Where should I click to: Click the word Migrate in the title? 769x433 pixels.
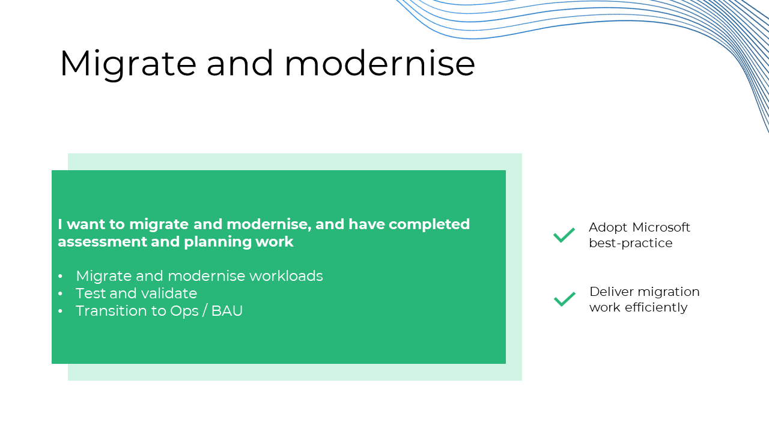click(x=129, y=64)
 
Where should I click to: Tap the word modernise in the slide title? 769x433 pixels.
click(x=380, y=63)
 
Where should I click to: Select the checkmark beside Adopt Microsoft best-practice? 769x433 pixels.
click(x=564, y=235)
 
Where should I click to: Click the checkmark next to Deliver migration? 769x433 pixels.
click(x=565, y=299)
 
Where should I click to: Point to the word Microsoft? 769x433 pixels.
click(x=661, y=227)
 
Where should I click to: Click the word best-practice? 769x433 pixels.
click(x=631, y=243)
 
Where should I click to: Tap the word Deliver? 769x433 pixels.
click(x=612, y=292)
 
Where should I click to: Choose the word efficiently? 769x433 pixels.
click(x=656, y=307)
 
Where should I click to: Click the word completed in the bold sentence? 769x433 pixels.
click(x=429, y=224)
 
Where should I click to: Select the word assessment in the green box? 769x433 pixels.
click(x=102, y=242)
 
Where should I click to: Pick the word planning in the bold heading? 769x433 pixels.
click(x=217, y=242)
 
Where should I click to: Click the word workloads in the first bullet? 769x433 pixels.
click(x=286, y=275)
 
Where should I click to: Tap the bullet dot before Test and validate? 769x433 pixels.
click(x=61, y=294)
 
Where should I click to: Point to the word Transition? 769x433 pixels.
click(x=112, y=311)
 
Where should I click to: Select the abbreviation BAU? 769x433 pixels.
click(x=227, y=311)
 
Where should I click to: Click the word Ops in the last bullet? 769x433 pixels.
click(x=184, y=312)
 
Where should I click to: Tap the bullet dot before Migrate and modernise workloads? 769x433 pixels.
click(x=61, y=276)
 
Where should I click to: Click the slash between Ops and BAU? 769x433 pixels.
click(x=205, y=311)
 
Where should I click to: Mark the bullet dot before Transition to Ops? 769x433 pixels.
click(x=61, y=312)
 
